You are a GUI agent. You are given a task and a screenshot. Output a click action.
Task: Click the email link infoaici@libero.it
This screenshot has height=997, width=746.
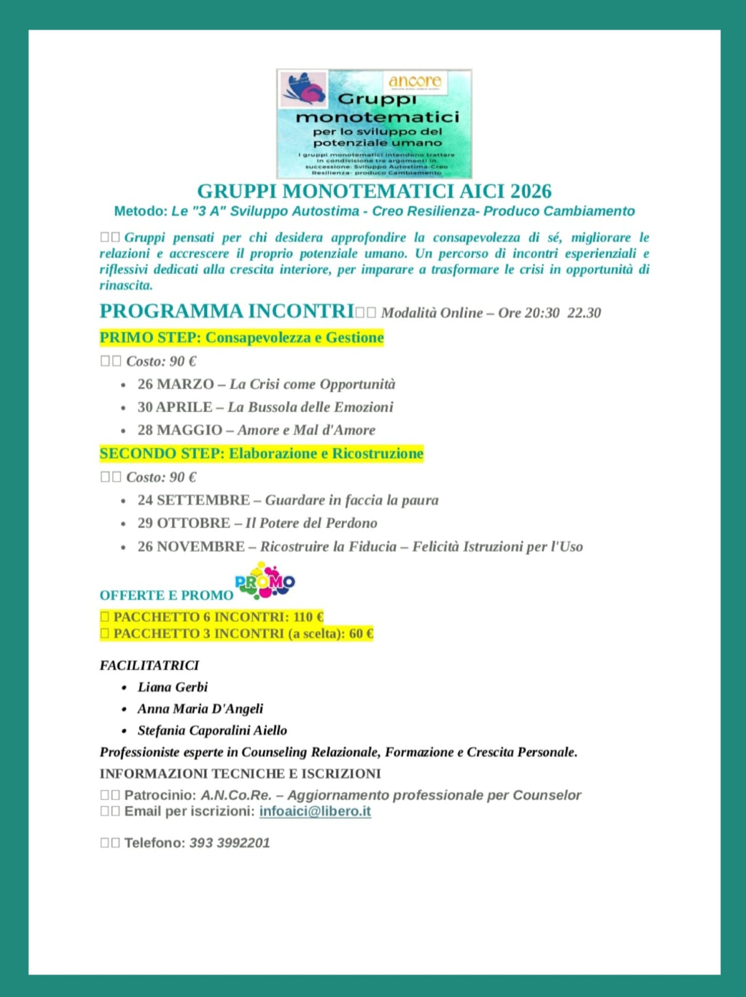[x=315, y=811]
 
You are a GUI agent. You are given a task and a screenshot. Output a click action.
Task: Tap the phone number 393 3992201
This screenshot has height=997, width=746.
[x=229, y=843]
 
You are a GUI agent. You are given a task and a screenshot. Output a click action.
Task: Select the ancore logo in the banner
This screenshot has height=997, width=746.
[x=415, y=82]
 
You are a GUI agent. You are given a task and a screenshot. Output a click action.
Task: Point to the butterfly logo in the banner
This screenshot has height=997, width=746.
[x=303, y=89]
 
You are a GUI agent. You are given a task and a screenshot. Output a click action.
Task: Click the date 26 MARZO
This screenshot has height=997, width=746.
[x=175, y=384]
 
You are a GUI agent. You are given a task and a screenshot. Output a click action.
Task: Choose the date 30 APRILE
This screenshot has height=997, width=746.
[x=174, y=407]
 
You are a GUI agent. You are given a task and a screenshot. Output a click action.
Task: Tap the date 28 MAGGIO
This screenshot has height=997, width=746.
[x=180, y=430]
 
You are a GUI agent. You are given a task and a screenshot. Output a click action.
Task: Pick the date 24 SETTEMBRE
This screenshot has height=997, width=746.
[x=194, y=500]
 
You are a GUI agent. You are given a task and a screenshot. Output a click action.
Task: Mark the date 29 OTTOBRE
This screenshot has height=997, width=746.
[x=183, y=523]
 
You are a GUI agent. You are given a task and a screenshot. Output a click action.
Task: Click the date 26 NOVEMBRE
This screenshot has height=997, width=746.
[x=191, y=546]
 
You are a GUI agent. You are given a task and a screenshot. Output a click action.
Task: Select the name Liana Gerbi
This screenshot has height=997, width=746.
[x=172, y=687]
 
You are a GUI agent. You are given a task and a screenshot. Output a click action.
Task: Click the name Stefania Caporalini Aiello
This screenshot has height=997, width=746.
[x=212, y=731]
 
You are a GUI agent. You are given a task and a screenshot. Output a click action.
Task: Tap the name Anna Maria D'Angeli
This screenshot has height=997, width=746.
[x=200, y=709]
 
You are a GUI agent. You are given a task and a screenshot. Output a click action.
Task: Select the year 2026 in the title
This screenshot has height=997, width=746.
[x=531, y=192]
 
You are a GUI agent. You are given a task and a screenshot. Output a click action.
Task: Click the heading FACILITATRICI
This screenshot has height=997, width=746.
[x=150, y=665]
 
